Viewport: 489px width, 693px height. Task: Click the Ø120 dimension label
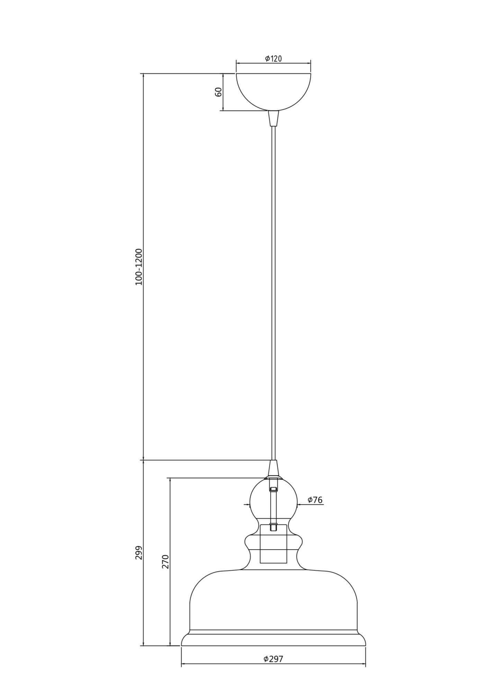(x=273, y=59)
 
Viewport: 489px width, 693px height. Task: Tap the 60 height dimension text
(x=218, y=92)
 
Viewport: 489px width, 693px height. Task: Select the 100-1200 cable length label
(x=139, y=267)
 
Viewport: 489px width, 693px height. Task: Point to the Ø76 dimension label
(x=315, y=500)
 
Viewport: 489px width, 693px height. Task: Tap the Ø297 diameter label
(x=273, y=659)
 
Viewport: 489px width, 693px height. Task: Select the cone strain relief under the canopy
(x=273, y=118)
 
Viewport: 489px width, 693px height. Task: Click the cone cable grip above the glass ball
(x=273, y=469)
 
